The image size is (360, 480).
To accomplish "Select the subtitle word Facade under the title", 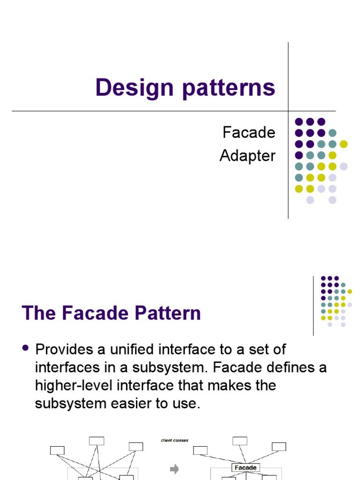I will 249,133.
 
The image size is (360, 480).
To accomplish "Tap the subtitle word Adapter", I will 247,156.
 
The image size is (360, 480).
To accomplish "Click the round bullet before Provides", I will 26,348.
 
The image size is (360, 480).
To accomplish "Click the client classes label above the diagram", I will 174,440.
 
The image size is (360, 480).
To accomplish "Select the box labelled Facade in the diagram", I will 246,467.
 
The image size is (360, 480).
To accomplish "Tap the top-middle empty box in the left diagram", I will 97,441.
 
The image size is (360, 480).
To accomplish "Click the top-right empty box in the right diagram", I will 278,446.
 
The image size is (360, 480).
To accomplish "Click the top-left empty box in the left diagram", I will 57,450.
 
